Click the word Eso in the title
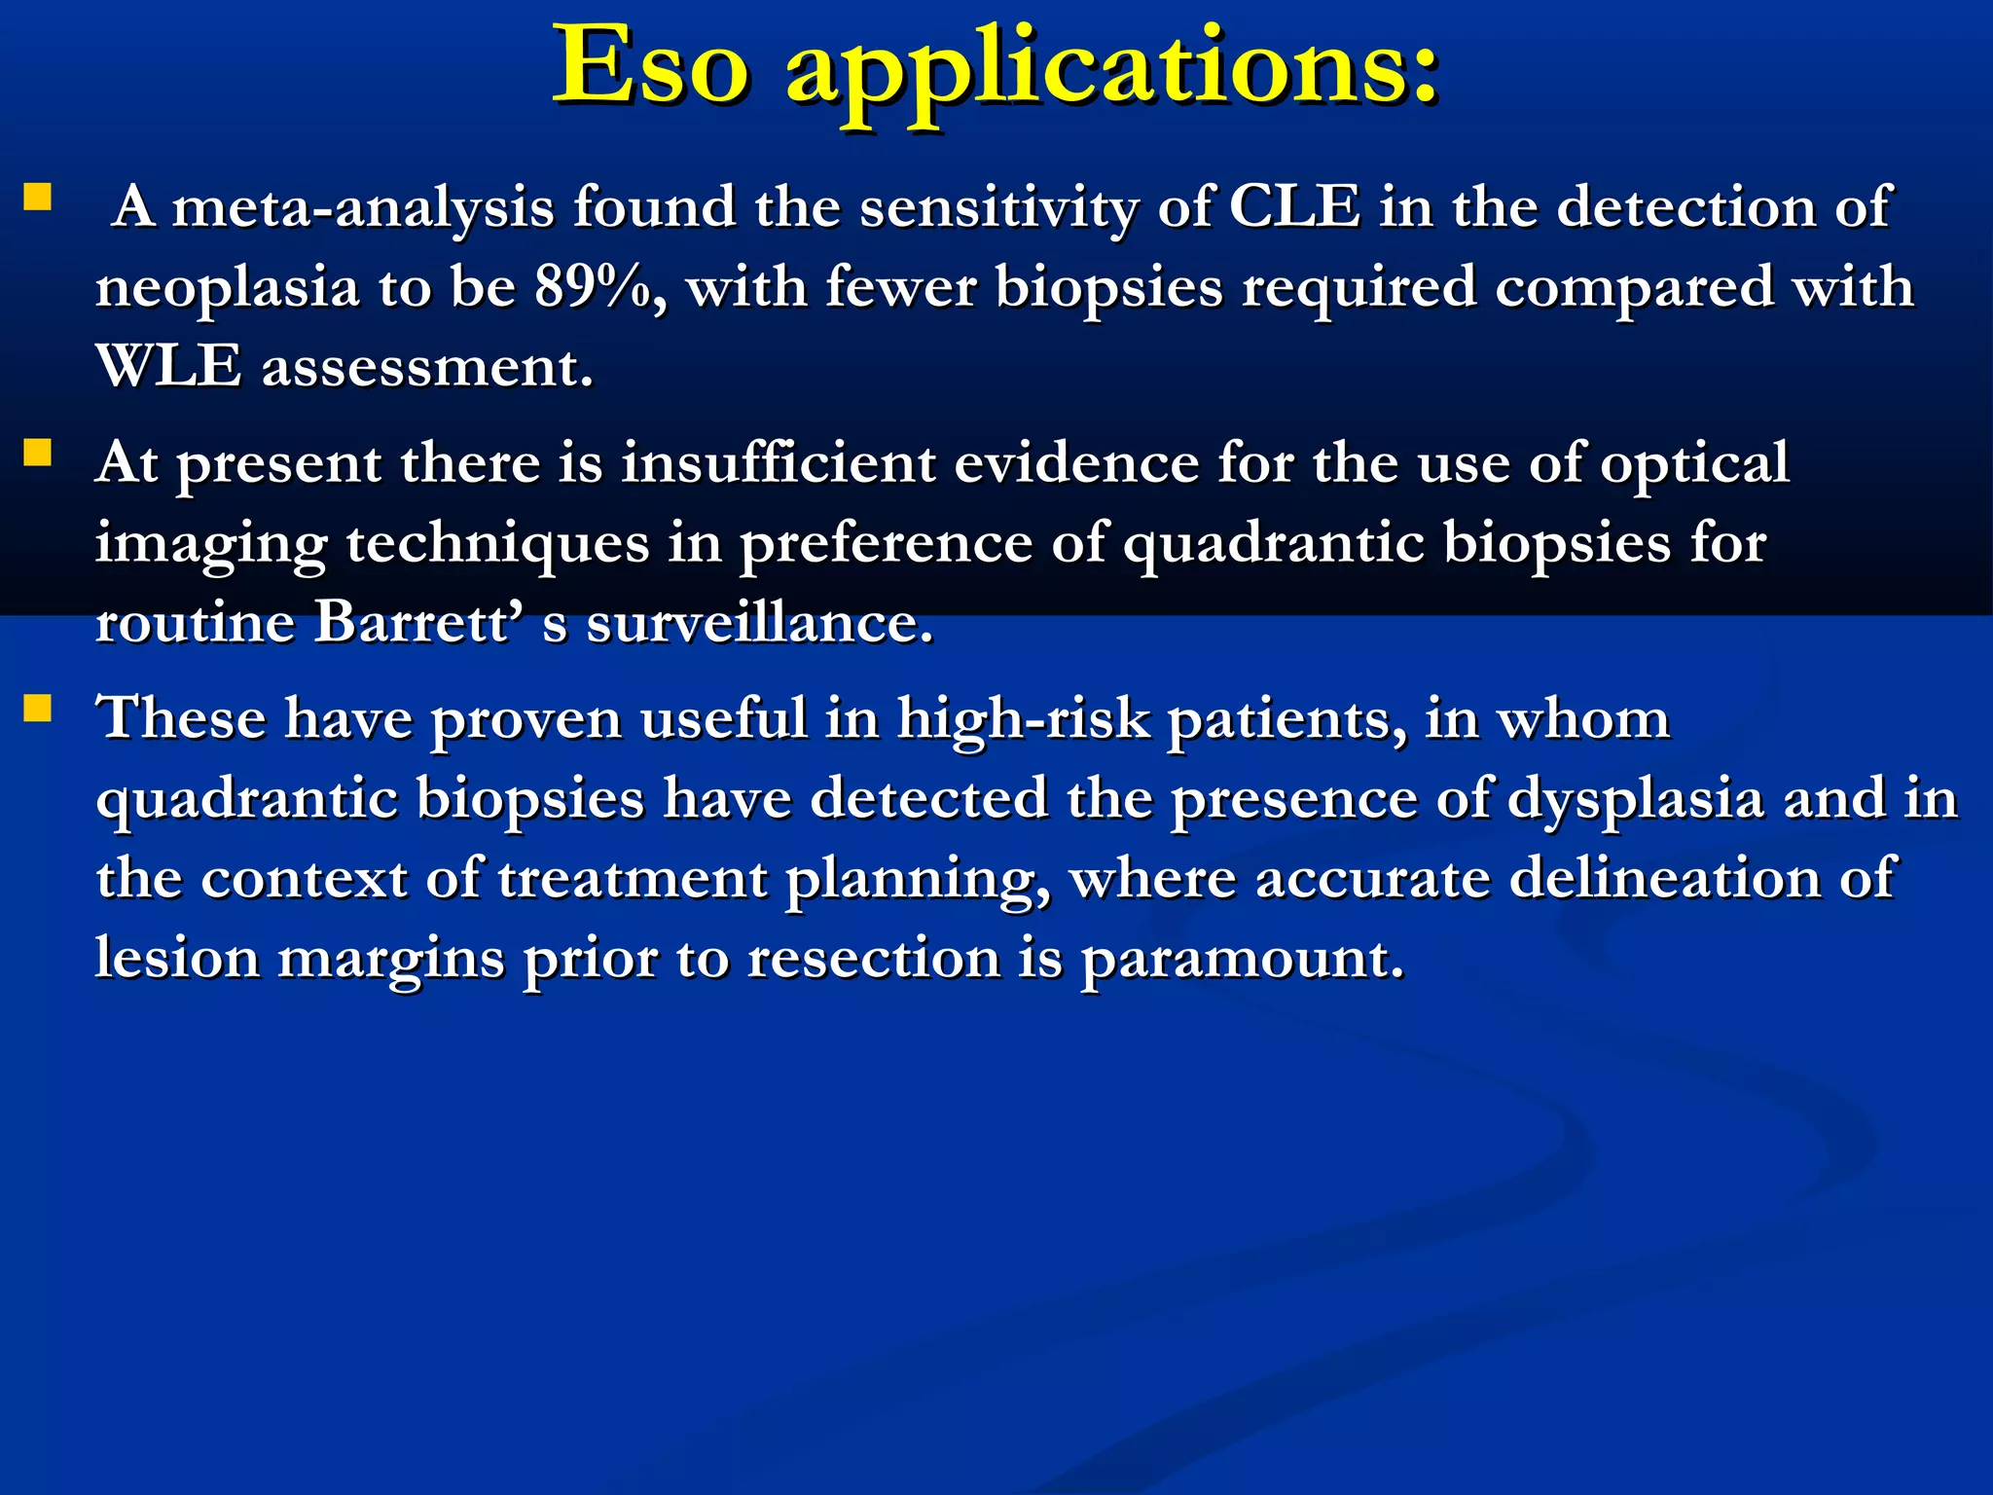pyautogui.click(x=650, y=66)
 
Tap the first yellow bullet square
pyautogui.click(x=37, y=199)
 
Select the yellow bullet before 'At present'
pyautogui.click(x=37, y=454)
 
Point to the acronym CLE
pyautogui.click(x=1294, y=207)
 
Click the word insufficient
pyautogui.click(x=778, y=462)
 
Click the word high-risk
pyautogui.click(x=1023, y=720)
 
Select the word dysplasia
pyautogui.click(x=1636, y=800)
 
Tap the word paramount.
pyautogui.click(x=1243, y=960)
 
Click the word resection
pyautogui.click(x=874, y=959)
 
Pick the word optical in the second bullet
pyautogui.click(x=1694, y=464)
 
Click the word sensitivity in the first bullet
pyautogui.click(x=998, y=208)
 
